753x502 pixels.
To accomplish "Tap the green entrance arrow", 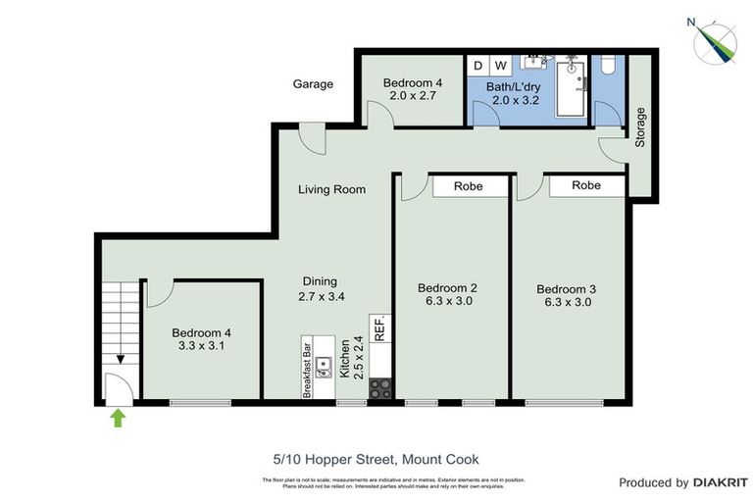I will click(x=118, y=419).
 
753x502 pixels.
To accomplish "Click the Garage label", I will click(x=313, y=84).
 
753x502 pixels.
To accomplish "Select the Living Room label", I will click(x=331, y=189).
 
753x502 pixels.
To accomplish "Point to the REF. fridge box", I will click(x=379, y=327).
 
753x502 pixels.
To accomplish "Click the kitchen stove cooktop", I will click(x=379, y=388).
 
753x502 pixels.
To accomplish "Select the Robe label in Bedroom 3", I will click(x=586, y=184).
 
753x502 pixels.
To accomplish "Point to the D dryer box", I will click(x=477, y=66).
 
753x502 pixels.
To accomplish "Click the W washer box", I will click(x=500, y=66).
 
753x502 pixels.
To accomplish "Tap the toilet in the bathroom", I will click(x=608, y=67).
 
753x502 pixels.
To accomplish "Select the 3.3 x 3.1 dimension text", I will click(x=200, y=346).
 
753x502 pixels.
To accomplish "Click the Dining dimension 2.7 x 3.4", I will click(x=320, y=294).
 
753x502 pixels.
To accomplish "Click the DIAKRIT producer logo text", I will click(x=721, y=482).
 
